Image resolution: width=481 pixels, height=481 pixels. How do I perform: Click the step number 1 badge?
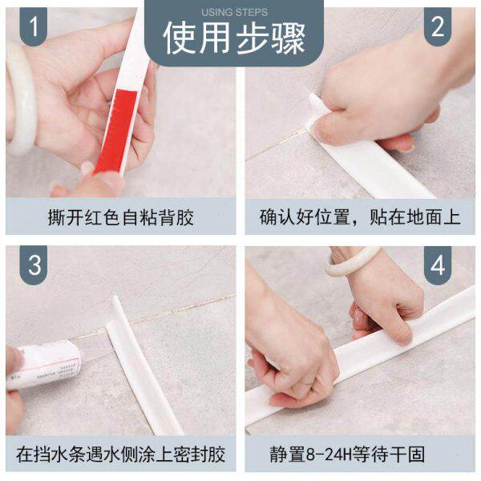tap(34, 26)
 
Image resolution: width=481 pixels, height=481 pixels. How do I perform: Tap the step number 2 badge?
tap(438, 26)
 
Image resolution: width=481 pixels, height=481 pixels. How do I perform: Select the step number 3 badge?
tap(34, 265)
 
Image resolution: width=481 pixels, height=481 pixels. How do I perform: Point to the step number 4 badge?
tap(438, 265)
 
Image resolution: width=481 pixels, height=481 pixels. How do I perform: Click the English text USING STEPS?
tap(234, 13)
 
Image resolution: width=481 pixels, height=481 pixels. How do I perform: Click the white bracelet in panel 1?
tap(20, 98)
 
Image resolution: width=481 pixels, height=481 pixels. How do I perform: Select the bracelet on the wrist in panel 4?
tap(353, 261)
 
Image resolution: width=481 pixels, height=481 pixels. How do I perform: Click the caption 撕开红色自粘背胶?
tap(121, 217)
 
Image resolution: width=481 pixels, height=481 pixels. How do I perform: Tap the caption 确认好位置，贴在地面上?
tap(360, 217)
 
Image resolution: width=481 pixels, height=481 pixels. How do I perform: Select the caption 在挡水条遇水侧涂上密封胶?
tap(120, 455)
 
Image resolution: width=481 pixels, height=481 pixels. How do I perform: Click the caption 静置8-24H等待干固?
tap(348, 455)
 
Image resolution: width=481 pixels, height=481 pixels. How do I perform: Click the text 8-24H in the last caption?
tap(329, 455)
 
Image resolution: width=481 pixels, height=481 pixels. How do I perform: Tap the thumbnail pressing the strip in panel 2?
tap(319, 131)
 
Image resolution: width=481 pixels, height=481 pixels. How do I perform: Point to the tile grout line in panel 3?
tap(153, 317)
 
